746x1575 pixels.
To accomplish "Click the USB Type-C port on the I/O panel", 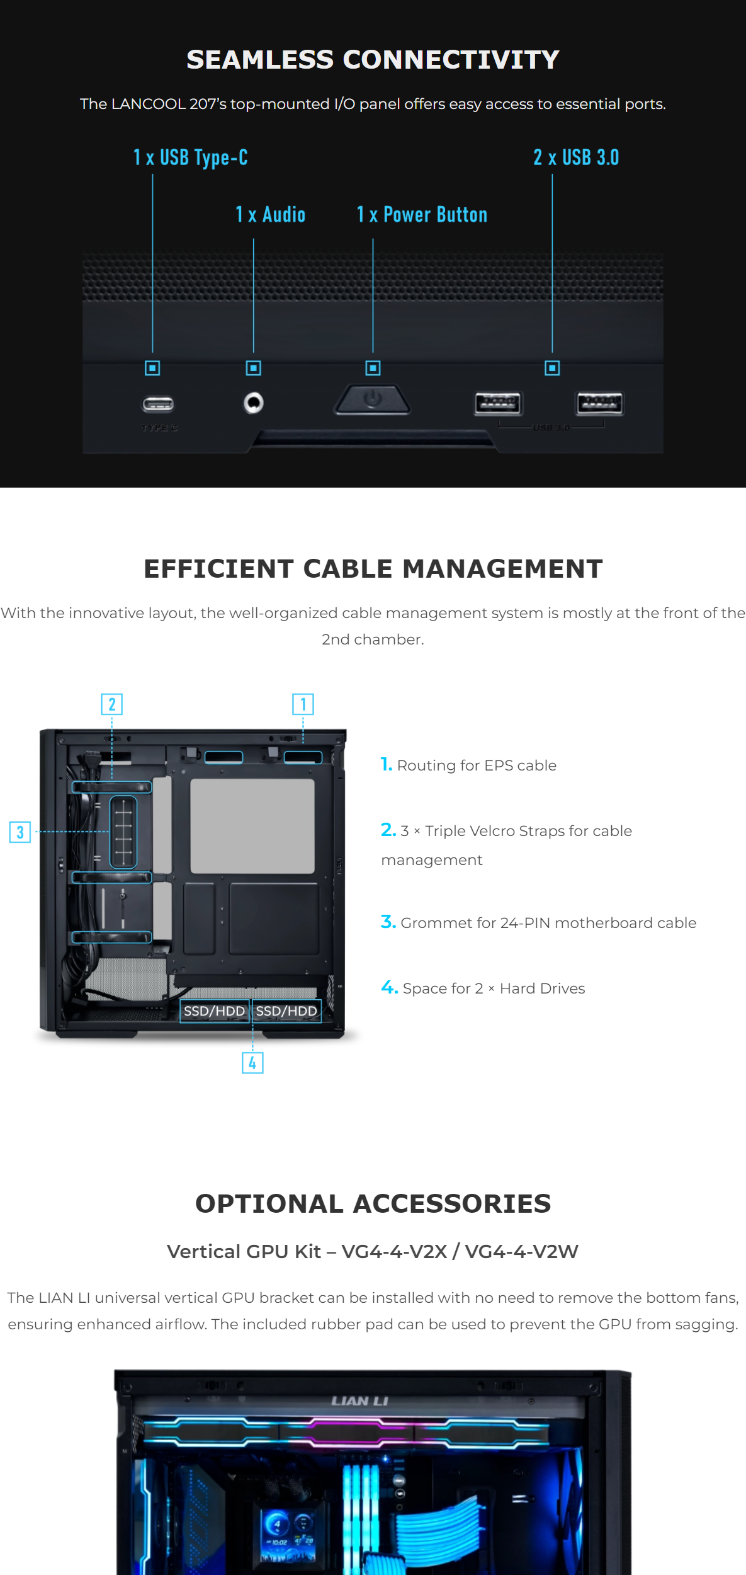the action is click(158, 404).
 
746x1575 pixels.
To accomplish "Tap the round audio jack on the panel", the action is click(254, 403).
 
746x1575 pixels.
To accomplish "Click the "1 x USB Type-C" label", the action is click(190, 157).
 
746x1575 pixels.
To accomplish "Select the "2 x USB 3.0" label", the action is click(576, 157).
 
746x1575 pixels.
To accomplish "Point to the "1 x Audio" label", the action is click(271, 215).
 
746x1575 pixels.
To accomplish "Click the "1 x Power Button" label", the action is click(422, 215).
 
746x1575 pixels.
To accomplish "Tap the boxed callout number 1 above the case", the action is click(303, 704).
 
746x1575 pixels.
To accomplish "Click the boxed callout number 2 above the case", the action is click(112, 704).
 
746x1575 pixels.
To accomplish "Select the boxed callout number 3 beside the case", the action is click(20, 832).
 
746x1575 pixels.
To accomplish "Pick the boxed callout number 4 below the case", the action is click(252, 1063).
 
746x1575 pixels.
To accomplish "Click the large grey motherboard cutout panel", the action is click(252, 826).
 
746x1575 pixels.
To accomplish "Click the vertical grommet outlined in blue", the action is click(123, 832).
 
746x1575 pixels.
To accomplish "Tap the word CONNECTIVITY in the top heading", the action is click(451, 60).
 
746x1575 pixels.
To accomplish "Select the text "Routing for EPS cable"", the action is click(477, 765).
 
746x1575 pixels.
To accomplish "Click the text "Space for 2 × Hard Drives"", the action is click(494, 988).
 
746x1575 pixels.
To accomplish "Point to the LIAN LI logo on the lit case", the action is click(360, 1400).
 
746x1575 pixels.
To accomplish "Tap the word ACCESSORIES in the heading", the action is click(452, 1204).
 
